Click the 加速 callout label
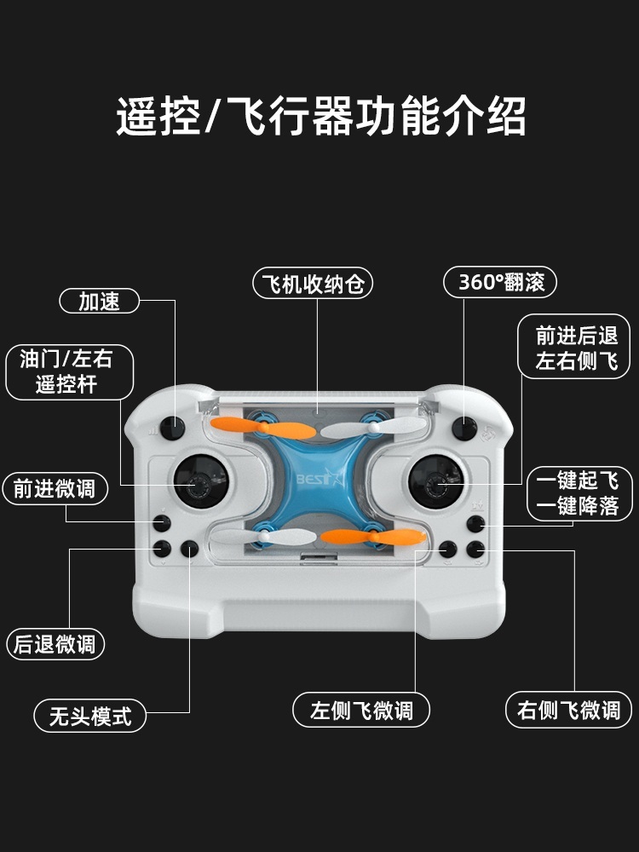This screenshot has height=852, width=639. point(99,301)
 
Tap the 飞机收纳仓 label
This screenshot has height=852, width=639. point(313,283)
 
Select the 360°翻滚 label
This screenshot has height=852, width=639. point(500,281)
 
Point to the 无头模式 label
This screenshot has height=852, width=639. point(90,716)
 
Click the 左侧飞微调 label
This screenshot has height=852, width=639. point(360,710)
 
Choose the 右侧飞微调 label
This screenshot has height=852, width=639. point(568,709)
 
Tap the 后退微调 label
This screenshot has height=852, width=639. point(55,644)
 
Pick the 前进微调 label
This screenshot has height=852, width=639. point(55,488)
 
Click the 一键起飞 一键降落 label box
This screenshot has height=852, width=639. point(579,493)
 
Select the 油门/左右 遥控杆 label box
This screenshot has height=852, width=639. point(69,372)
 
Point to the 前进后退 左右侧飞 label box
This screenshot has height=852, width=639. point(573,347)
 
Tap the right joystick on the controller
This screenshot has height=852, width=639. point(436,481)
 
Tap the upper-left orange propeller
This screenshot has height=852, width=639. point(263,428)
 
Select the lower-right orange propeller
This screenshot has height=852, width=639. point(373,537)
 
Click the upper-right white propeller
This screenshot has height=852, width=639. point(374,428)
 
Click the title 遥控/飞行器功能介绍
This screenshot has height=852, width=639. point(321,116)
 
